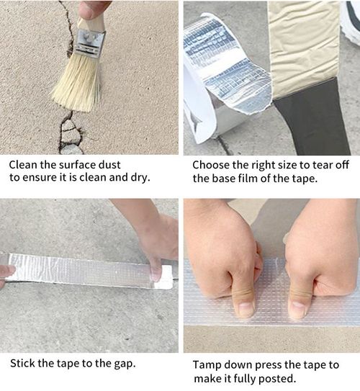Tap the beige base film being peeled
click(x=302, y=43)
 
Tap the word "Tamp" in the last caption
click(x=207, y=364)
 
